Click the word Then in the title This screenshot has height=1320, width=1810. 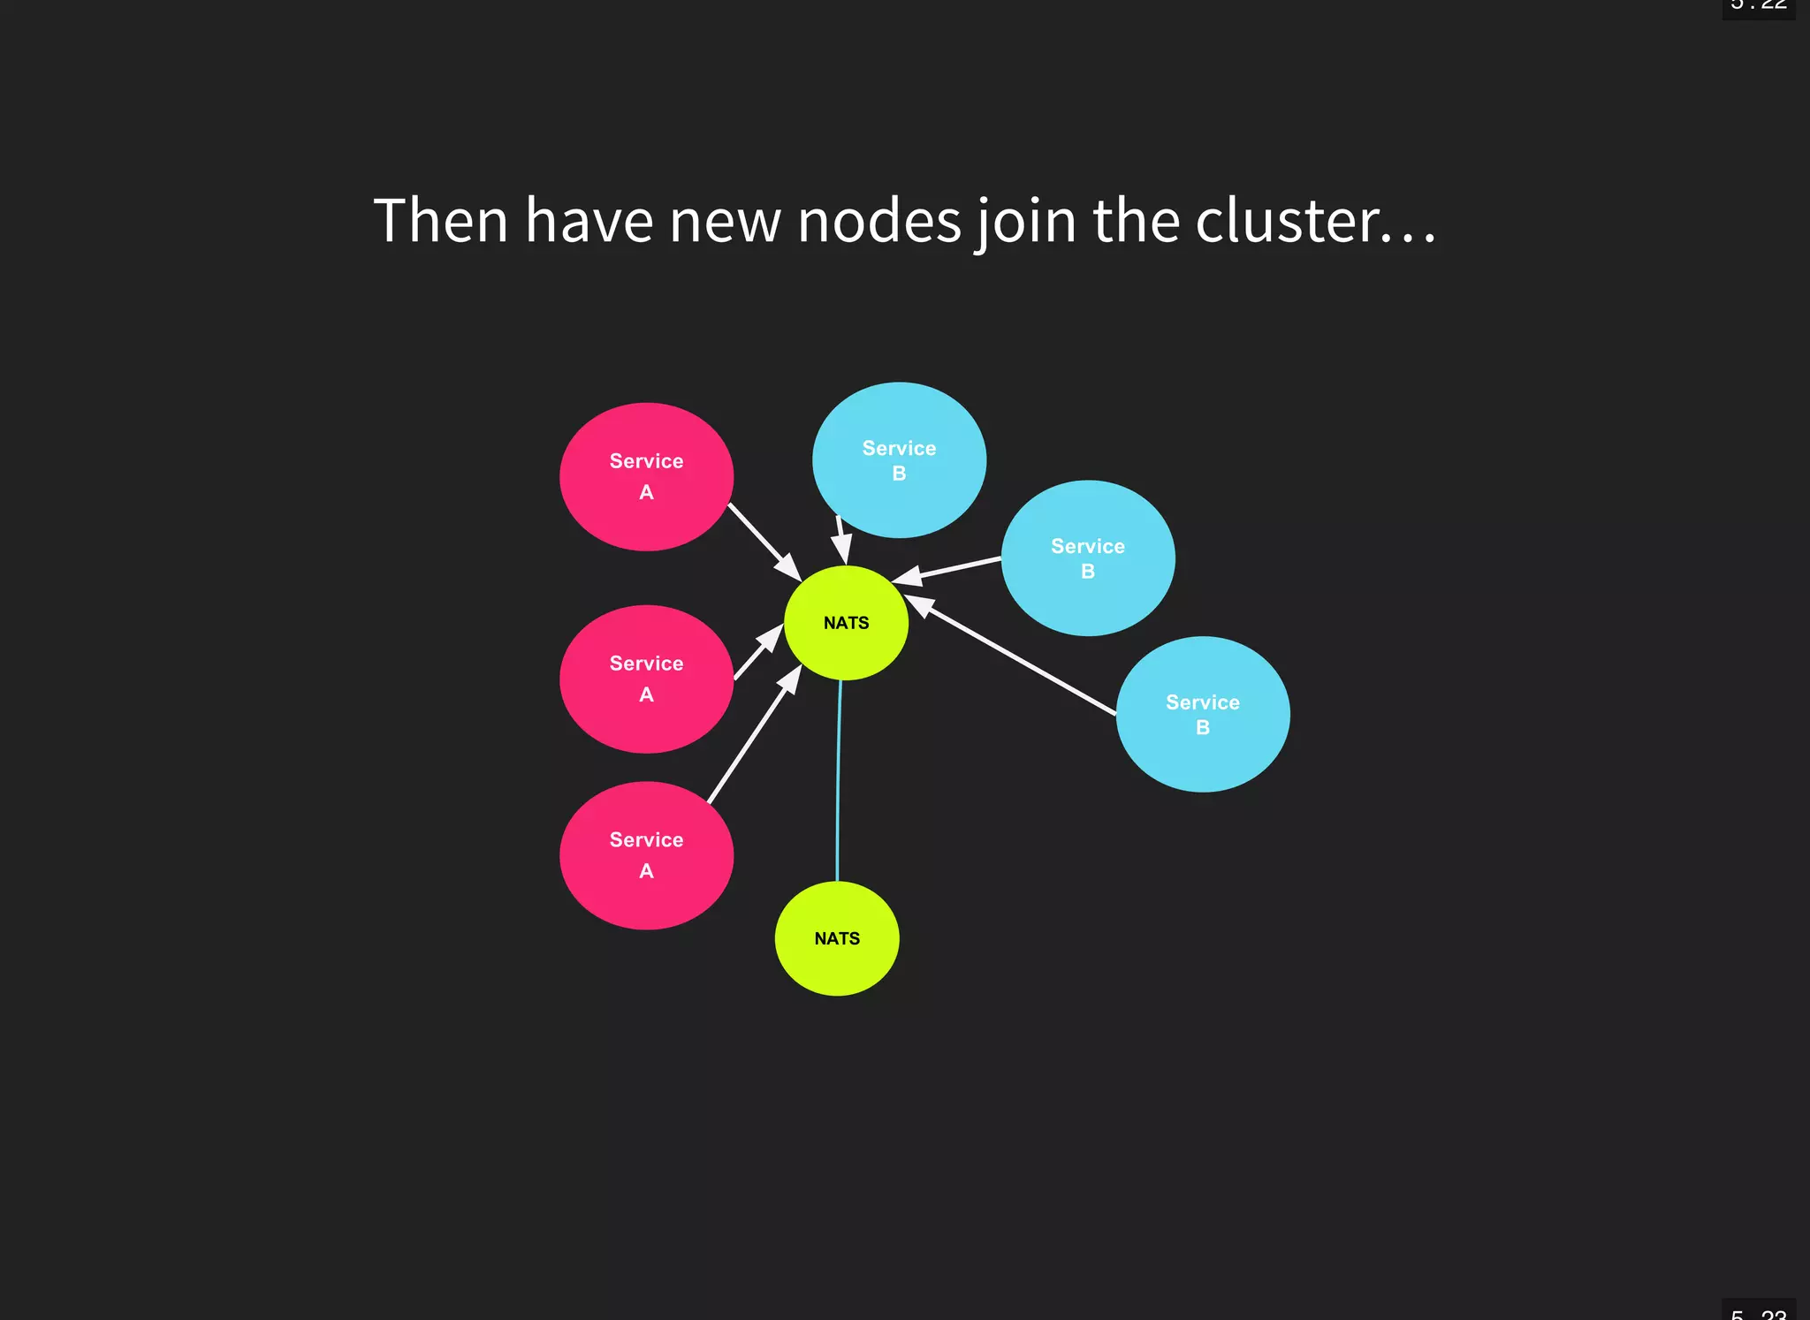pos(440,221)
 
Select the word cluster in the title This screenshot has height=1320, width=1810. pos(1287,221)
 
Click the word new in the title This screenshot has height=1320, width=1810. pos(725,221)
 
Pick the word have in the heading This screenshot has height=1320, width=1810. pos(589,221)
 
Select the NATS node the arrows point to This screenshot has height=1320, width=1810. pos(846,623)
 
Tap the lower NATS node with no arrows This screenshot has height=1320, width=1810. pos(837,938)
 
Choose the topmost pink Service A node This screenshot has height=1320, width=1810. pos(646,477)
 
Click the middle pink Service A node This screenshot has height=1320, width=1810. pos(646,679)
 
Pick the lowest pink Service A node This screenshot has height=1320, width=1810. pos(646,855)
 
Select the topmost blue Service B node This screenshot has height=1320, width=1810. pos(899,460)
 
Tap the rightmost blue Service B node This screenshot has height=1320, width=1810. pos(1202,714)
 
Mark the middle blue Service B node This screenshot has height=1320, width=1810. pos(1087,558)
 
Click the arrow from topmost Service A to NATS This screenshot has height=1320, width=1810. pos(763,540)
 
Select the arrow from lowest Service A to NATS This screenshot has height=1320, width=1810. pos(753,735)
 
